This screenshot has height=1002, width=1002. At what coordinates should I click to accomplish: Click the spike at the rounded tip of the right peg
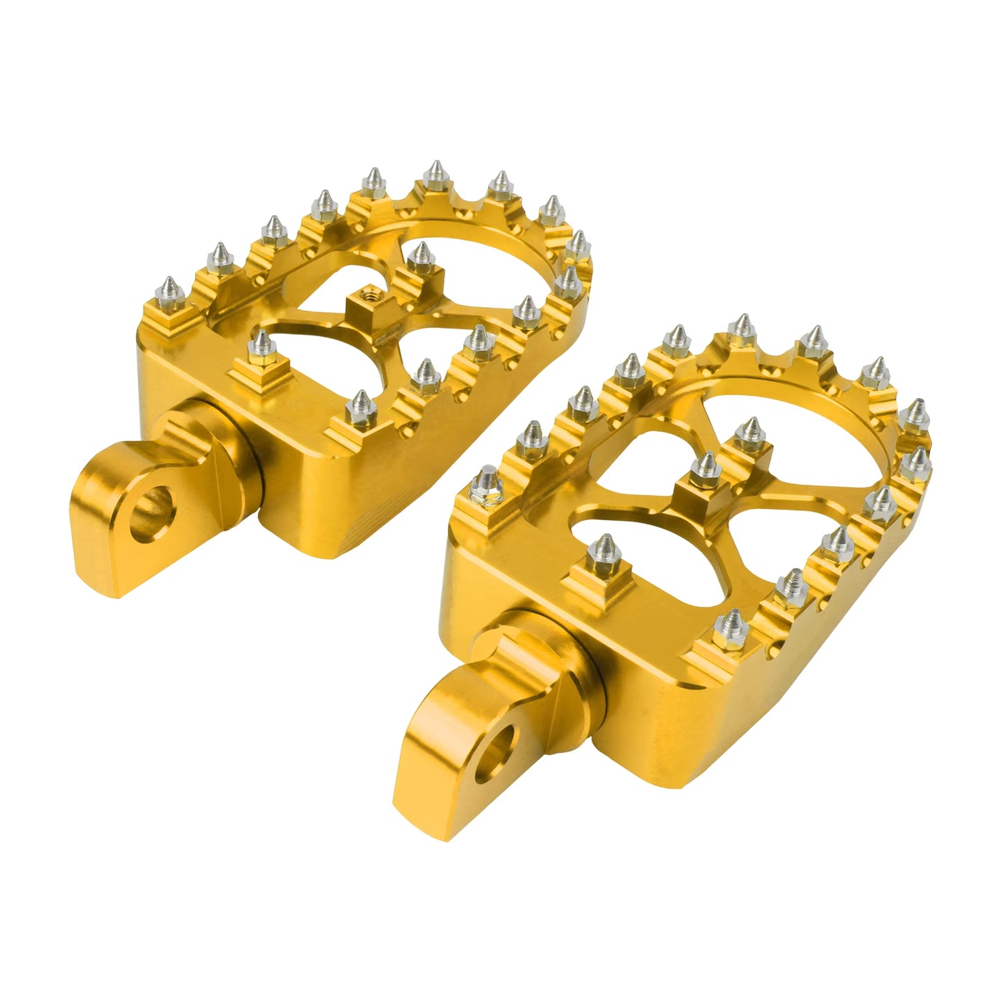point(917,414)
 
